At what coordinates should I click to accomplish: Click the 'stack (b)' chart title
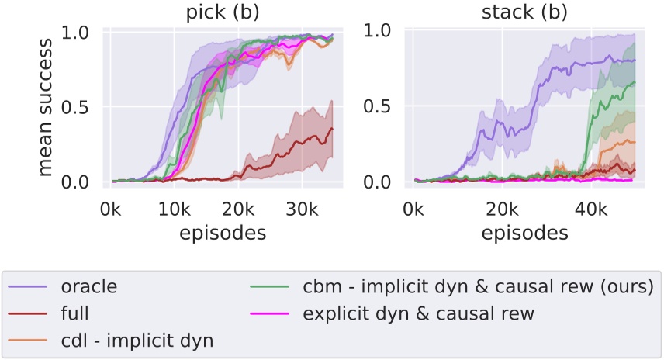[534, 12]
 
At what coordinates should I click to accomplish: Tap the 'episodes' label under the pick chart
[222, 231]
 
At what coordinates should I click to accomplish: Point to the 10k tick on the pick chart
[175, 209]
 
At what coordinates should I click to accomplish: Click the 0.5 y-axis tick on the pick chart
[86, 107]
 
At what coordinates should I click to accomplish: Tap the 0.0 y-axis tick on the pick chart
[86, 182]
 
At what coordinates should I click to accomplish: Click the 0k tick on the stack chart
[414, 209]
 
